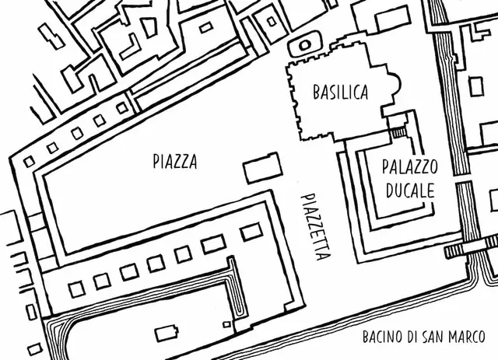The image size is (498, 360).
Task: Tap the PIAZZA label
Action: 174,162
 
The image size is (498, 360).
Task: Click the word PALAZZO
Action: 410,167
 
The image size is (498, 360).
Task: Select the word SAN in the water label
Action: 438,337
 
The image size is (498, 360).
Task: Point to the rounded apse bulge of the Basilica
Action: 394,85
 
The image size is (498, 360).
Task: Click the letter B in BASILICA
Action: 316,93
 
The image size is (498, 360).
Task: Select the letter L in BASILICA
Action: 345,93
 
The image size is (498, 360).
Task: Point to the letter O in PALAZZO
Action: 434,167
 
